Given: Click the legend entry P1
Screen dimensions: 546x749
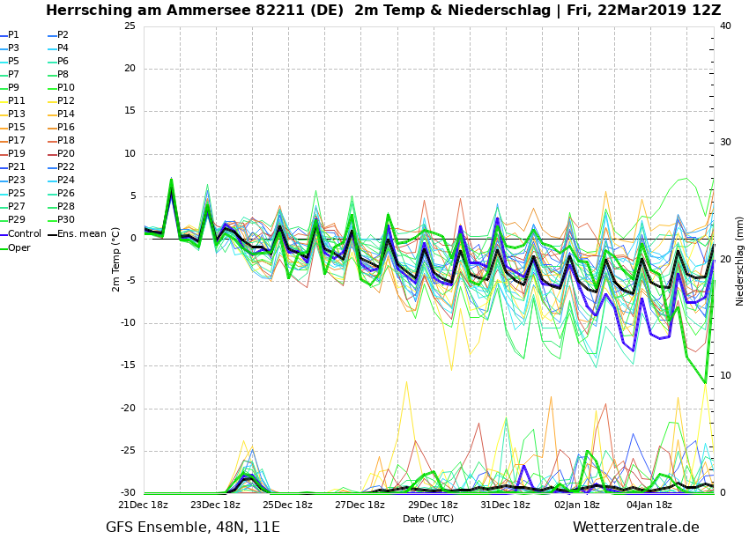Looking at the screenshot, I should tap(14, 35).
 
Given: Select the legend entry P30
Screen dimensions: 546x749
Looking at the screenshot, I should tap(66, 220).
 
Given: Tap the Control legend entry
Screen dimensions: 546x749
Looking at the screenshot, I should tap(25, 234).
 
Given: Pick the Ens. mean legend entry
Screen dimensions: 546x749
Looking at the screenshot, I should tap(81, 234).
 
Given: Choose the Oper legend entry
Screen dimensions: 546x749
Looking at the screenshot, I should tap(19, 247).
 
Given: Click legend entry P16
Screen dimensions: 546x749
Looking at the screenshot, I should tap(66, 128).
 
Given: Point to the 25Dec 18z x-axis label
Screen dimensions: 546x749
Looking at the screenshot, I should tap(287, 505).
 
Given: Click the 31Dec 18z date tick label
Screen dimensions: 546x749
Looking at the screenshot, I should tap(505, 505).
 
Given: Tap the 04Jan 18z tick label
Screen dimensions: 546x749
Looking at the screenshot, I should tap(649, 505).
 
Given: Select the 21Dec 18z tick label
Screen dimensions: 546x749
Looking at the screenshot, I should tap(143, 505).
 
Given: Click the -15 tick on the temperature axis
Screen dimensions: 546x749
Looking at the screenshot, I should tap(128, 365).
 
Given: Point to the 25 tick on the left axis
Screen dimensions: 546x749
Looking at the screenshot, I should tap(130, 26).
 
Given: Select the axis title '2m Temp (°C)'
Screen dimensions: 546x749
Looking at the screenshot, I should tap(116, 259).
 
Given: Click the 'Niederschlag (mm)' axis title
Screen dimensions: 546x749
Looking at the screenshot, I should tap(740, 260).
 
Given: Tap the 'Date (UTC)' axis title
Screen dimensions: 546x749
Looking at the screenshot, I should tap(428, 519).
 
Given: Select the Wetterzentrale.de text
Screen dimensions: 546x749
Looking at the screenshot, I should tap(635, 528).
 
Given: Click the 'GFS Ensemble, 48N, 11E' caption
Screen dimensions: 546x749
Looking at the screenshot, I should tap(193, 528).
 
